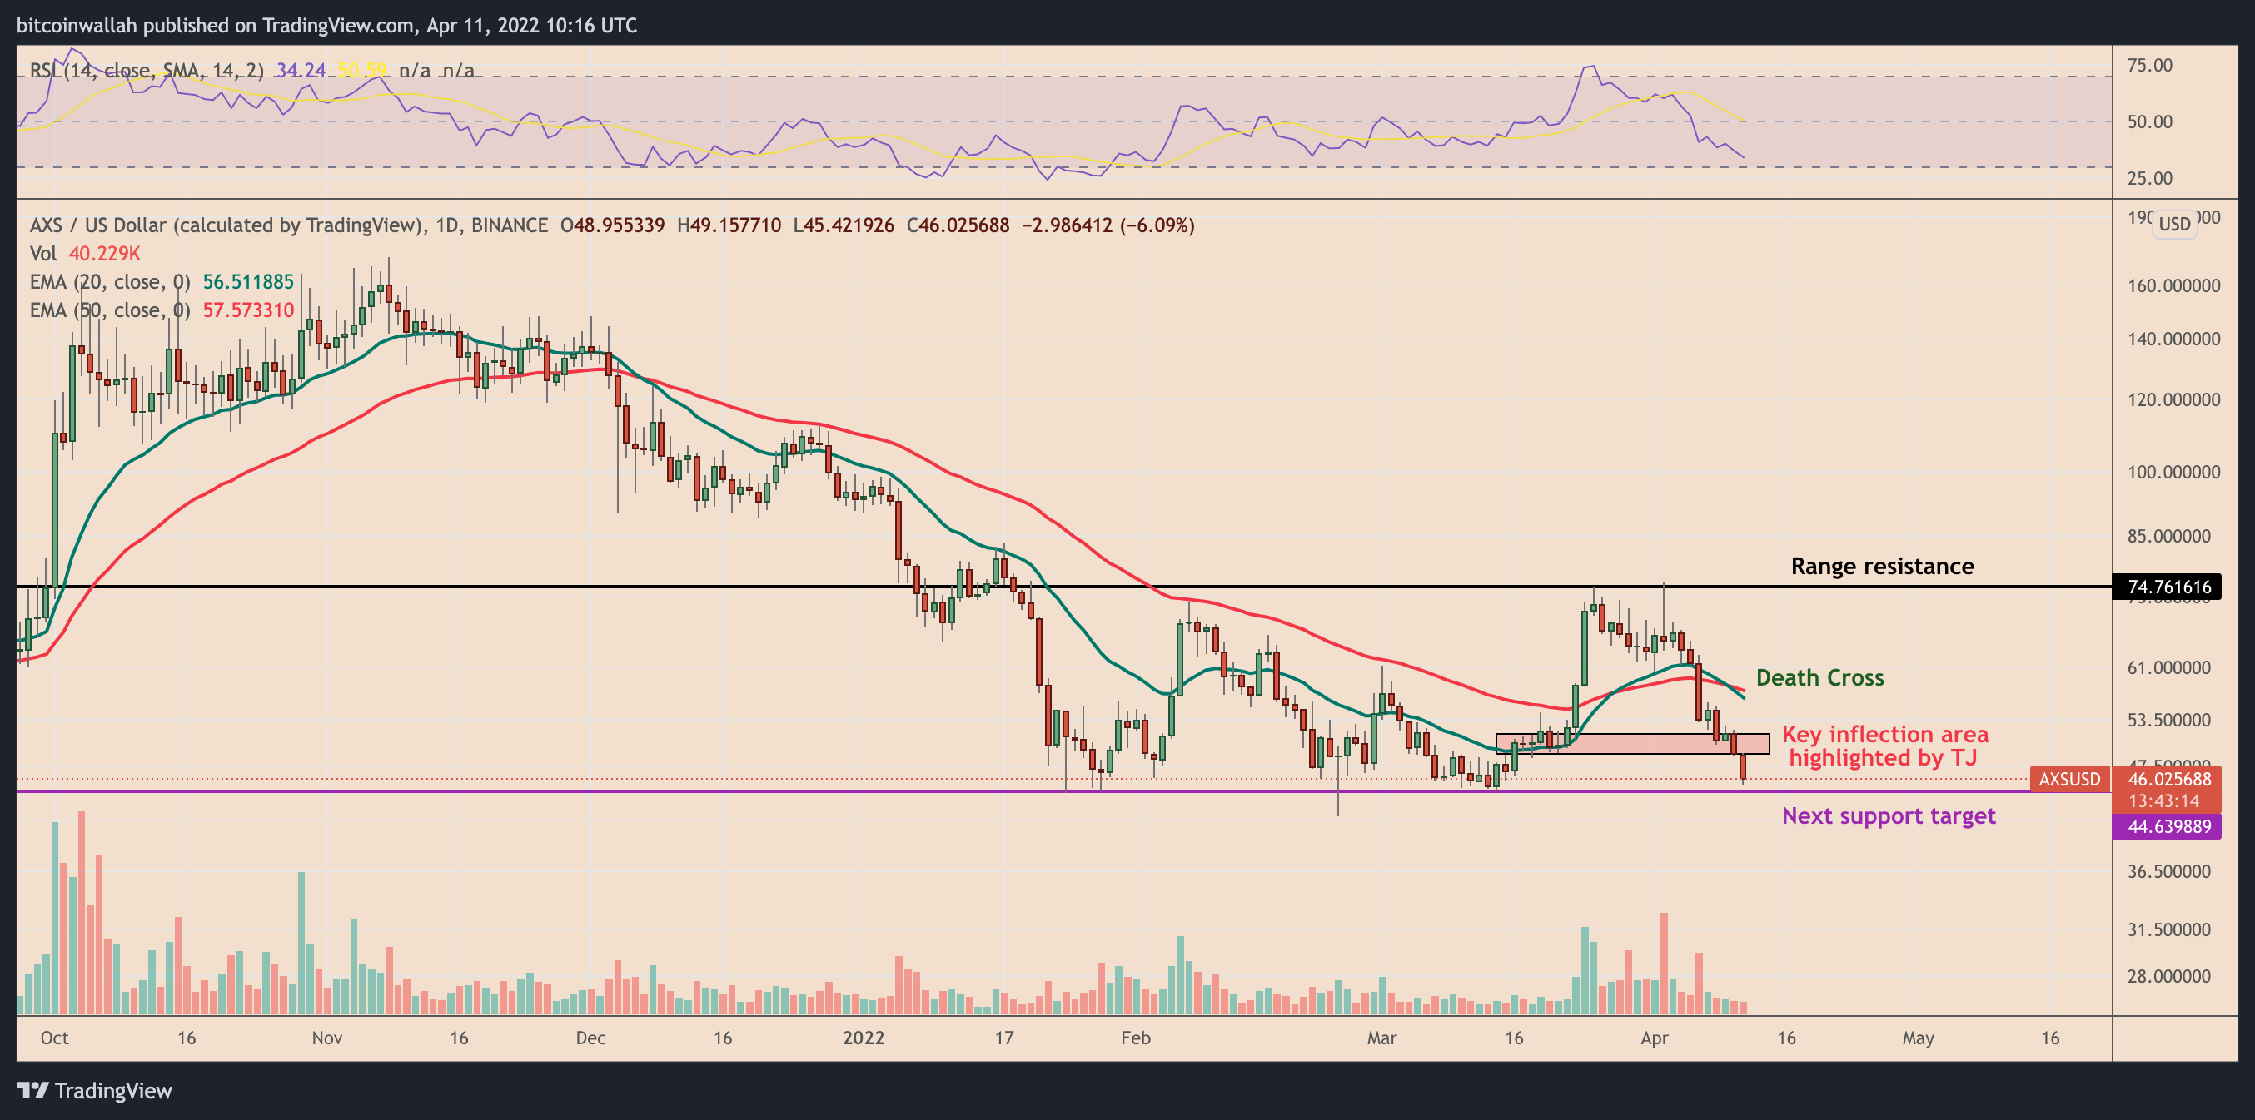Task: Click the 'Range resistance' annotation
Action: [1882, 566]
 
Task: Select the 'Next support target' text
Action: [1889, 815]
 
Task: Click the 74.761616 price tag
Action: [2168, 587]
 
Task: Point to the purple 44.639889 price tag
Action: [2168, 826]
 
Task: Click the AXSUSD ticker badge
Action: [2068, 779]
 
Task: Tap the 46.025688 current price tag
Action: [2168, 779]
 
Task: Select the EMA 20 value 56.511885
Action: [248, 282]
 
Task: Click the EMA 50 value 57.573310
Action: [248, 310]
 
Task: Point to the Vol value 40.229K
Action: [104, 254]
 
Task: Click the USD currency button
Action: [2173, 224]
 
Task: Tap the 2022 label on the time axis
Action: [864, 1038]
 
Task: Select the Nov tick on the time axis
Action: [326, 1038]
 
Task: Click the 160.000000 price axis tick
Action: [2173, 285]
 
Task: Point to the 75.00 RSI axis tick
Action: [2149, 66]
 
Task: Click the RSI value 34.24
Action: [301, 70]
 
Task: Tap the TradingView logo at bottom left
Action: [95, 1090]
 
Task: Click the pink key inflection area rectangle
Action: [1632, 744]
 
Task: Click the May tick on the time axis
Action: [1917, 1038]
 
